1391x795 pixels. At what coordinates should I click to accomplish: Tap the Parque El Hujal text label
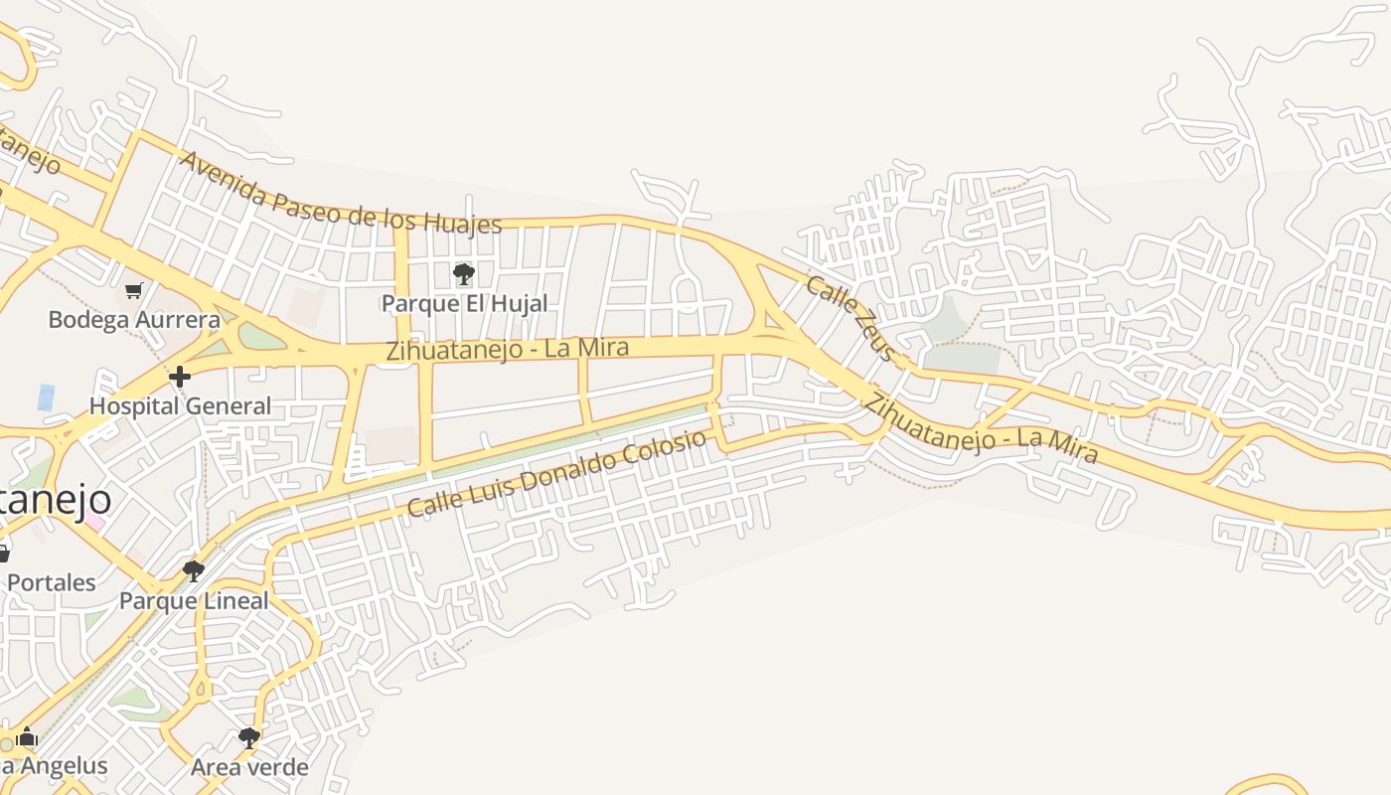(x=464, y=303)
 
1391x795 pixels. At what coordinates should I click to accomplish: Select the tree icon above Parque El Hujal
(x=463, y=273)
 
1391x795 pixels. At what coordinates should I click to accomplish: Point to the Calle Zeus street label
(x=850, y=318)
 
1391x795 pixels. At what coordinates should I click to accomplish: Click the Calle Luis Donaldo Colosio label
(x=556, y=473)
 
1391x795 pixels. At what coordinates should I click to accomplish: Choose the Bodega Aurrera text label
(x=134, y=319)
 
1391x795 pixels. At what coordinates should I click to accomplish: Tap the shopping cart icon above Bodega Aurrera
(x=134, y=290)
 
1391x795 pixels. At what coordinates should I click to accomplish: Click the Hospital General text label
(x=180, y=405)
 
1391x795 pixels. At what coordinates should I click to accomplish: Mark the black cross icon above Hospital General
(x=180, y=377)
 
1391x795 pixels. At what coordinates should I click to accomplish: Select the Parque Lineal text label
(x=194, y=600)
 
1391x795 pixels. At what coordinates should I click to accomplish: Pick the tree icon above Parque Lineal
(x=194, y=571)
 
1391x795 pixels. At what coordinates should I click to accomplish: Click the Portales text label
(x=52, y=582)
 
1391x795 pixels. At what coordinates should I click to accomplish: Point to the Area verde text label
(x=249, y=767)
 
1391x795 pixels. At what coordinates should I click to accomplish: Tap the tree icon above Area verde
(x=249, y=738)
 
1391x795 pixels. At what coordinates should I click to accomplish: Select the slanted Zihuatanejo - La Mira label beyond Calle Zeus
(x=981, y=428)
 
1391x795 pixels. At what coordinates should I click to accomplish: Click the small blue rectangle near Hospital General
(x=46, y=397)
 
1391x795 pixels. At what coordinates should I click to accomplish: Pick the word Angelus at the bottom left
(x=60, y=766)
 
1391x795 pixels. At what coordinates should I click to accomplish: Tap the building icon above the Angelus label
(x=27, y=738)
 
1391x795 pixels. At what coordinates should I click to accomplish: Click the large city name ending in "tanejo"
(x=55, y=500)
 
